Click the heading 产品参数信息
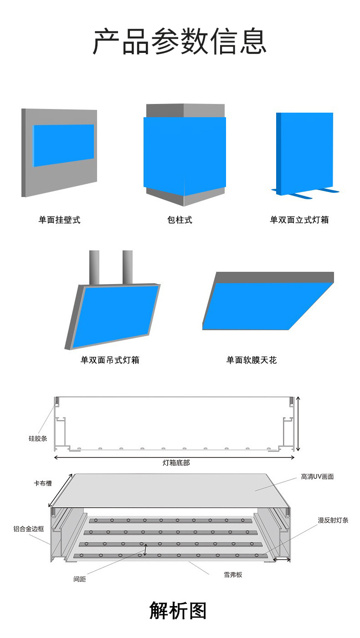tap(180, 41)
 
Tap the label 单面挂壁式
tap(59, 220)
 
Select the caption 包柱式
tap(180, 220)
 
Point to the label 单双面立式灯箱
tap(299, 220)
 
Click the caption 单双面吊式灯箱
tap(110, 360)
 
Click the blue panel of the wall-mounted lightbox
tap(63, 145)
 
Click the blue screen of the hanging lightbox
tap(116, 315)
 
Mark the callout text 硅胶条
tap(38, 439)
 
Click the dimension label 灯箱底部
tap(176, 462)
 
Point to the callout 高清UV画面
tap(317, 477)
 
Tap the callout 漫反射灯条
tap(333, 520)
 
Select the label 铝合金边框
tap(29, 529)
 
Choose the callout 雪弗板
tap(233, 575)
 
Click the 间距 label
tap(80, 579)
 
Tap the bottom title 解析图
tap(178, 611)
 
